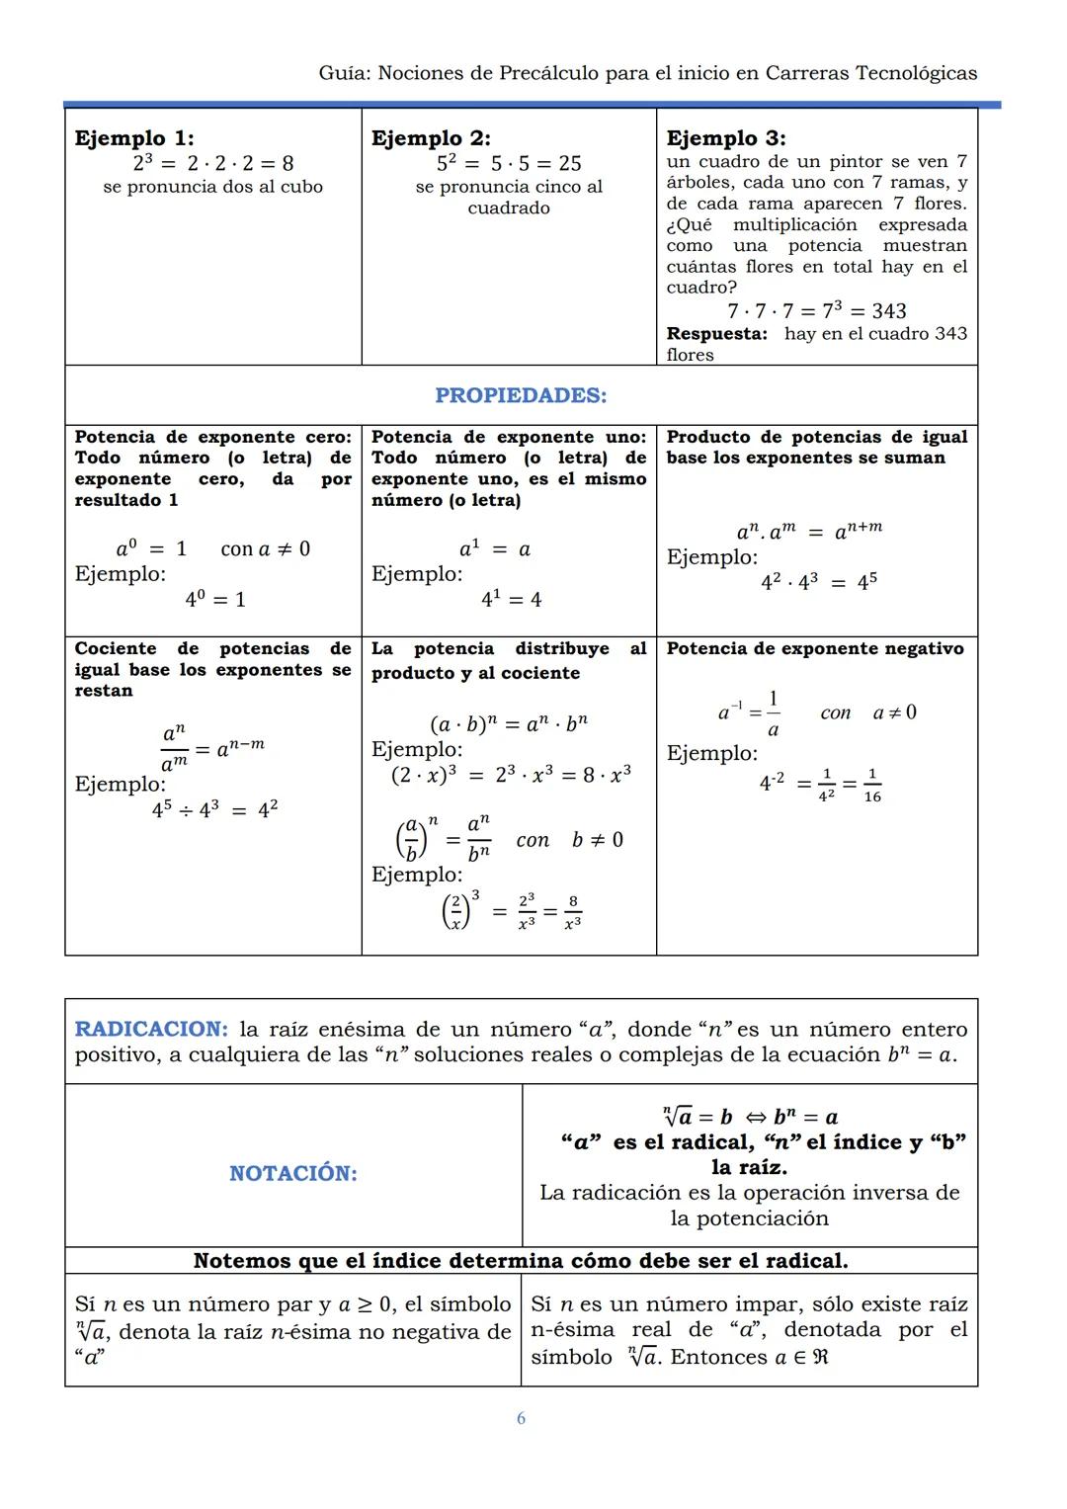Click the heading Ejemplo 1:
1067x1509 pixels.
(x=134, y=138)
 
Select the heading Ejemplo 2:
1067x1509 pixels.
(x=431, y=138)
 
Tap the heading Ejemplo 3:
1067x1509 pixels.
(x=726, y=138)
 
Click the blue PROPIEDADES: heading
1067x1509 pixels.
(x=521, y=395)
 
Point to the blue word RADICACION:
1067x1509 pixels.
(x=151, y=1029)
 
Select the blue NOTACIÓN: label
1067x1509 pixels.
(x=293, y=1173)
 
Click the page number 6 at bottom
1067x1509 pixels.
(x=521, y=1418)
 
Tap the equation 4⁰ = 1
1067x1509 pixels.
(x=215, y=599)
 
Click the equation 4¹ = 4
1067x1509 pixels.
(x=511, y=599)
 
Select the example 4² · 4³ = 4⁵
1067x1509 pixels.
(x=818, y=582)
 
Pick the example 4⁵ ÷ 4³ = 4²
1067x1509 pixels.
(x=214, y=809)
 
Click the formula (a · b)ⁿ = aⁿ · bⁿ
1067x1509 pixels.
(x=508, y=722)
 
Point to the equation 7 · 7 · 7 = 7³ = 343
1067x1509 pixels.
(x=816, y=310)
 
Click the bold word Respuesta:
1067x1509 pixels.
(x=716, y=334)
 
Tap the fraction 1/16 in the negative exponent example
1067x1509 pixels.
(x=872, y=785)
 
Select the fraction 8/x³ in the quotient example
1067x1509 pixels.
(x=573, y=912)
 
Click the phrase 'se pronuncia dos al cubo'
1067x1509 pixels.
(x=212, y=187)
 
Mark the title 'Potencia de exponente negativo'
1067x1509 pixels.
(x=814, y=648)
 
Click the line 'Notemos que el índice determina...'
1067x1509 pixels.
(x=521, y=1260)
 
